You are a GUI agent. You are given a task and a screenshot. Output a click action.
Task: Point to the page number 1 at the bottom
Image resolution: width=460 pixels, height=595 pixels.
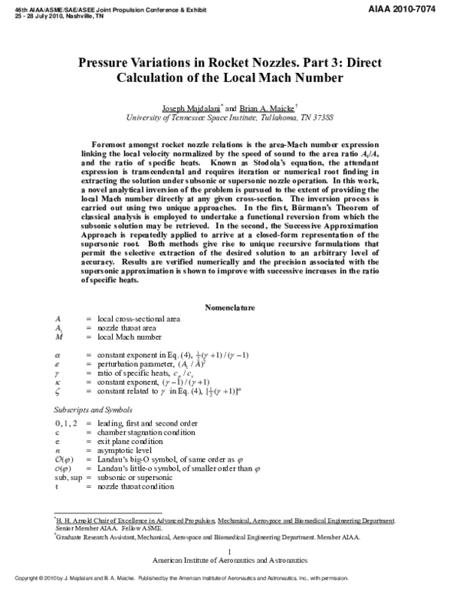click(x=230, y=551)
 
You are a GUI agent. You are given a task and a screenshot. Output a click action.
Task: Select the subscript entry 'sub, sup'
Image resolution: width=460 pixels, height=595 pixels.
click(x=68, y=477)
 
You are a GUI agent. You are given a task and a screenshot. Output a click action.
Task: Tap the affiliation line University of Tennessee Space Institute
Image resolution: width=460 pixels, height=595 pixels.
click(x=230, y=119)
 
